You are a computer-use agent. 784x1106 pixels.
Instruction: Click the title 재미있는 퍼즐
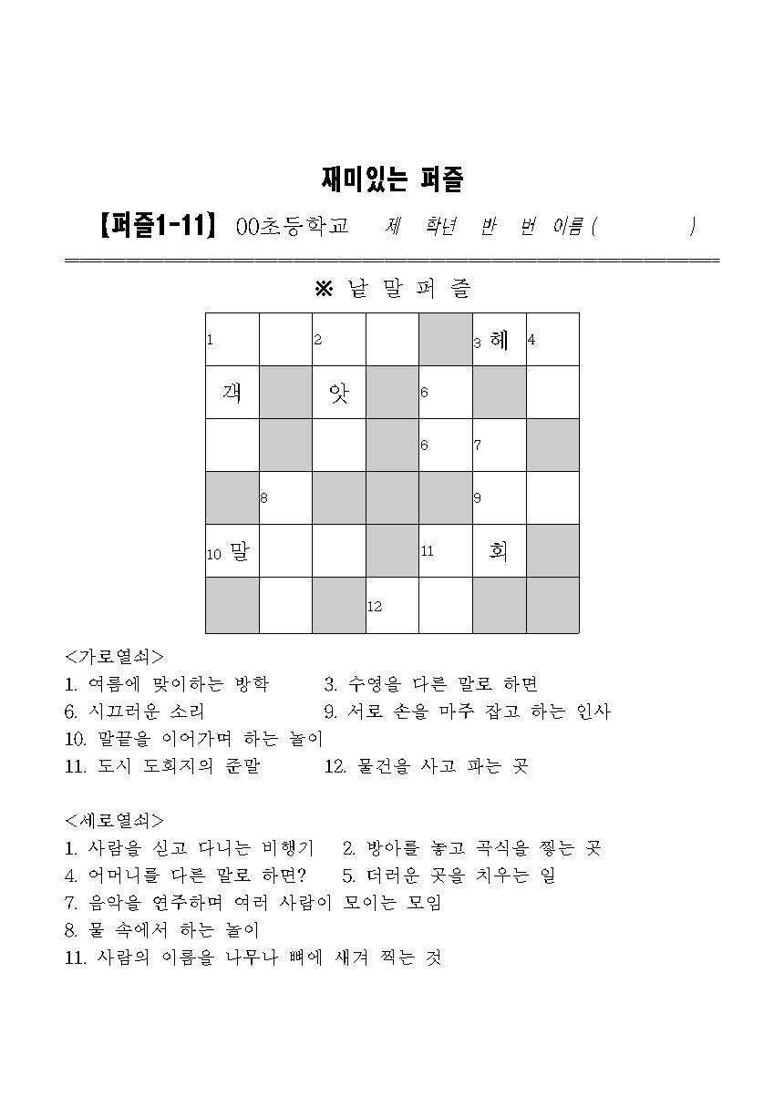[x=392, y=179]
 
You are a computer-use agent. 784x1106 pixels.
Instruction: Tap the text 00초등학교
[x=292, y=226]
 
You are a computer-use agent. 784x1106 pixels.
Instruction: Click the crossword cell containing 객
[x=232, y=393]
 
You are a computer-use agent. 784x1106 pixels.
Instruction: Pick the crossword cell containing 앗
[x=339, y=393]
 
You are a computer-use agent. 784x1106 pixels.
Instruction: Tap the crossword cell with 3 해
[x=499, y=340]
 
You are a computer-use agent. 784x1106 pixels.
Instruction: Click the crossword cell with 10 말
[x=232, y=551]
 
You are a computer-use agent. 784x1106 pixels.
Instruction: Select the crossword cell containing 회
[x=499, y=551]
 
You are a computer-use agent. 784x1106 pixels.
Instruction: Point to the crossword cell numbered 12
[x=392, y=605]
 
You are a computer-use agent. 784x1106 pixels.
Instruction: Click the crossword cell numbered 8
[x=285, y=498]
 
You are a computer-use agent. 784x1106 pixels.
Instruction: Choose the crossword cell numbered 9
[x=499, y=498]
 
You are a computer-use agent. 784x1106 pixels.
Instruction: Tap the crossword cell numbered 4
[x=552, y=340]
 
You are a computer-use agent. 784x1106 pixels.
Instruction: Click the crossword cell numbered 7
[x=499, y=445]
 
